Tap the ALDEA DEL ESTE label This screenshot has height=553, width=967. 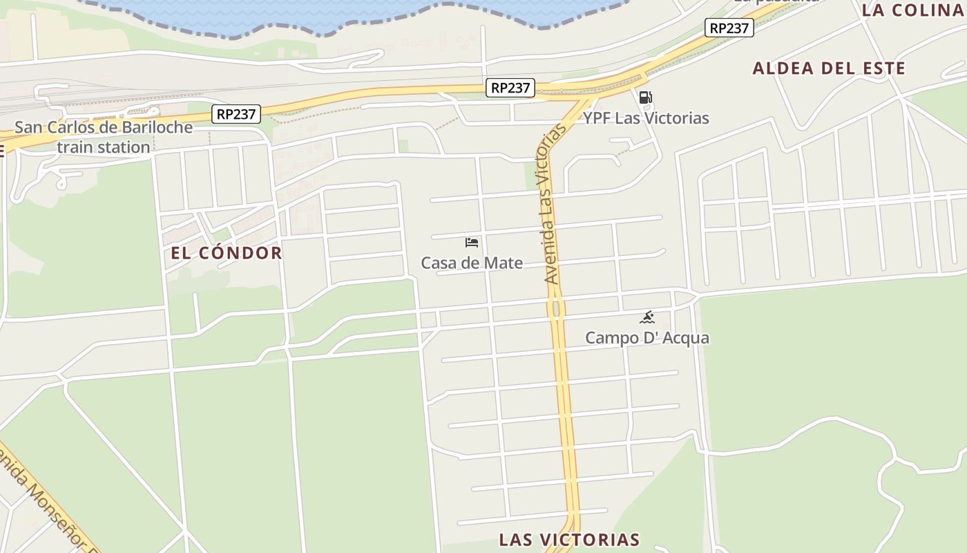click(x=828, y=68)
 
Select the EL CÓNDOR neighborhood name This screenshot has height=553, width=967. click(x=227, y=253)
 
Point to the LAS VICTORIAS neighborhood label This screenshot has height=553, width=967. click(x=569, y=539)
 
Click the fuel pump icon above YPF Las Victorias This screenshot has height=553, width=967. click(x=645, y=97)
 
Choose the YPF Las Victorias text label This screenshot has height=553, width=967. click(x=646, y=118)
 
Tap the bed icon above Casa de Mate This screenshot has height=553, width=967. click(x=472, y=243)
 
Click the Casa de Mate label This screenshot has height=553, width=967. click(x=472, y=263)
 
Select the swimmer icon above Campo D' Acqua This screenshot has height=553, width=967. click(x=647, y=318)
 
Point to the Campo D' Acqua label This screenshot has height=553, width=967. click(x=647, y=338)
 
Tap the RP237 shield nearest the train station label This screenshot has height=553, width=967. click(x=236, y=114)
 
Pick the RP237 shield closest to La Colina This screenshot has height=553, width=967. click(x=729, y=28)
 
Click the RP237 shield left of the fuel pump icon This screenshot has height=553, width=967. click(x=510, y=88)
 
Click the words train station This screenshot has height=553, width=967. click(x=104, y=147)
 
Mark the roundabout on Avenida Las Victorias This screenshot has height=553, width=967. click(x=556, y=308)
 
